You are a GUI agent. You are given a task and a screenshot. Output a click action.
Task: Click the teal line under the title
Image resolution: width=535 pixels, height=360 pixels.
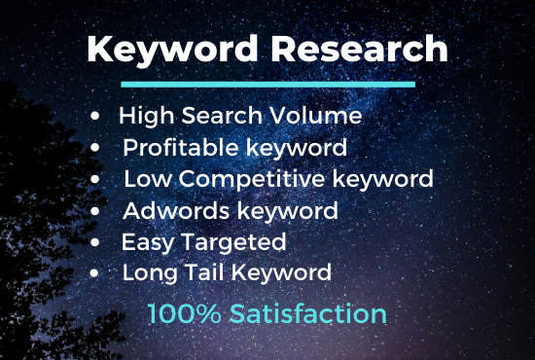pos(267,85)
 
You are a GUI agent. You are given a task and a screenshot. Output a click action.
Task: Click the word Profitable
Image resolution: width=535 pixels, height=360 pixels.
pos(175,149)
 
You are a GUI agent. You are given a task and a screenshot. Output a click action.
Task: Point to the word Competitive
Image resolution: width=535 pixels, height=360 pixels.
pos(264,180)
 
